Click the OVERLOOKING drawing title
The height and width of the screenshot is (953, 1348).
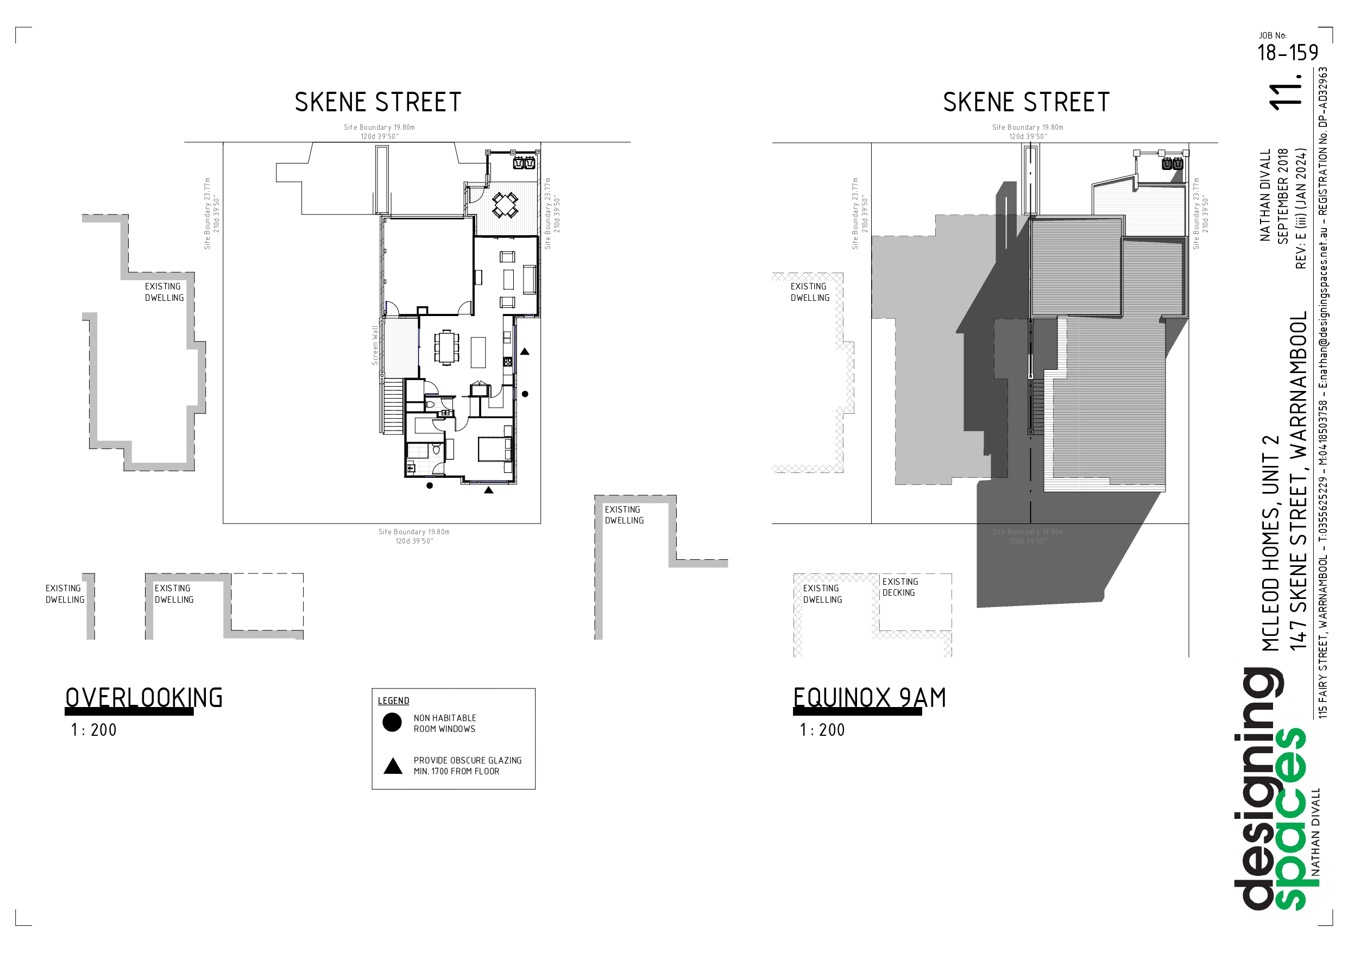144,698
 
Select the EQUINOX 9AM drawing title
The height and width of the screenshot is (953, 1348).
870,698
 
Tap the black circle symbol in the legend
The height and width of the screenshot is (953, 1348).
392,722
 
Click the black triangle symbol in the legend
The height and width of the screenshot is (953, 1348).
393,766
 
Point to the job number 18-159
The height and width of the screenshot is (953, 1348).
1288,53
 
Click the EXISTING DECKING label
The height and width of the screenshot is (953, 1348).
899,587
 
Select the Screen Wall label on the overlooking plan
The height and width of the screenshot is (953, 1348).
375,345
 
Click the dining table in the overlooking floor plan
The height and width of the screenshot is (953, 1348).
447,348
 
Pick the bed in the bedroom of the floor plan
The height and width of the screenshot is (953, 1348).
495,449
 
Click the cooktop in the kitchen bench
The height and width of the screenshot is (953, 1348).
507,362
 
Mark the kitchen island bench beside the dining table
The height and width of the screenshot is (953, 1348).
478,352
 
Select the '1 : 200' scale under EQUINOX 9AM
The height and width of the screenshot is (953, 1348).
822,730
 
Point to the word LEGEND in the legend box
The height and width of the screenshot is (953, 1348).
393,700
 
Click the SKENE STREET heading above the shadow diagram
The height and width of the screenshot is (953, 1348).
1026,102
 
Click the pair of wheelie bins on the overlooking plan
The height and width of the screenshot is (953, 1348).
524,163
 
